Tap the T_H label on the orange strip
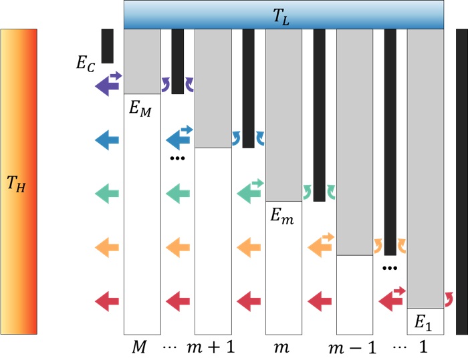pos(18,181)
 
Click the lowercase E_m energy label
pos(282,216)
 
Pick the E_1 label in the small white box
pos(423,323)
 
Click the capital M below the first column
pos(138,347)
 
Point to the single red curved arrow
pos(449,297)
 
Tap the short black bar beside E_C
pos(107,46)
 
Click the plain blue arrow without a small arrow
pos(107,140)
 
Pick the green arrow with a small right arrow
pos(249,192)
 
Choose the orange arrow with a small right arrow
pos(320,246)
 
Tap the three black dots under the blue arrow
pos(177,159)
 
